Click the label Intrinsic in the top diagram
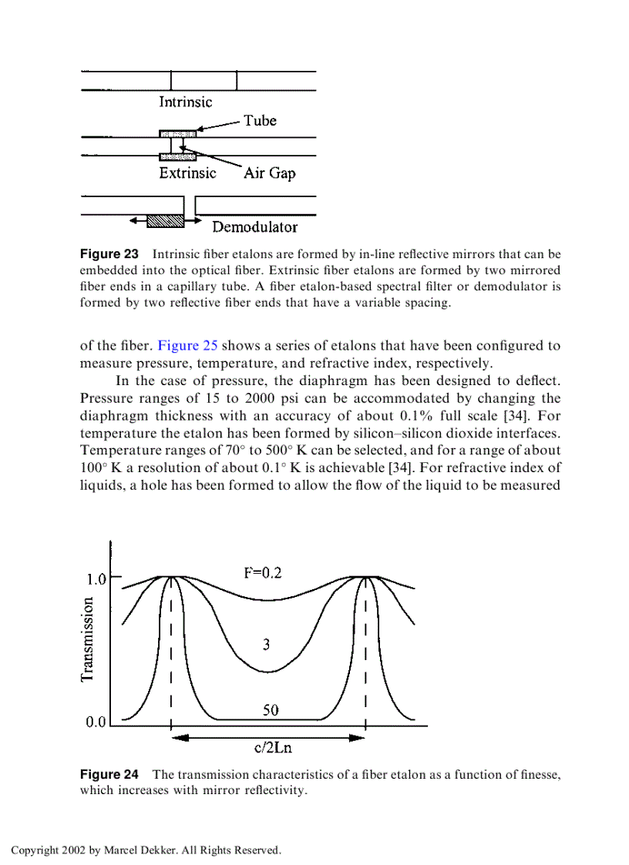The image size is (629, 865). click(185, 102)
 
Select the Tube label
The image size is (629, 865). click(260, 121)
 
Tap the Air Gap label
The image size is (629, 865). click(270, 173)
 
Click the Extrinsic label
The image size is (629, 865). click(187, 173)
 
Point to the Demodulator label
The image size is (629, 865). click(254, 227)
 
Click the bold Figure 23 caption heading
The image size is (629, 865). click(109, 254)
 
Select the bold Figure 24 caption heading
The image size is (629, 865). click(109, 775)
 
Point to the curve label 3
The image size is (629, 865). click(266, 645)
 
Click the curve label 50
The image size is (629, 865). click(271, 710)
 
